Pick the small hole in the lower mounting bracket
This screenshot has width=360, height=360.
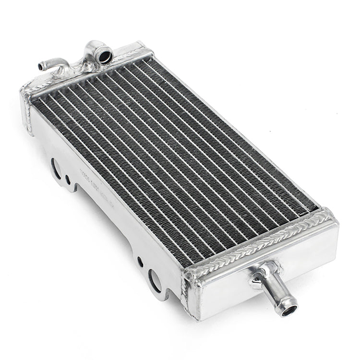click(140, 262)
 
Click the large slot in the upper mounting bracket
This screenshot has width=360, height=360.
click(56, 168)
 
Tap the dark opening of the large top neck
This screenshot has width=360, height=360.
click(105, 57)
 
